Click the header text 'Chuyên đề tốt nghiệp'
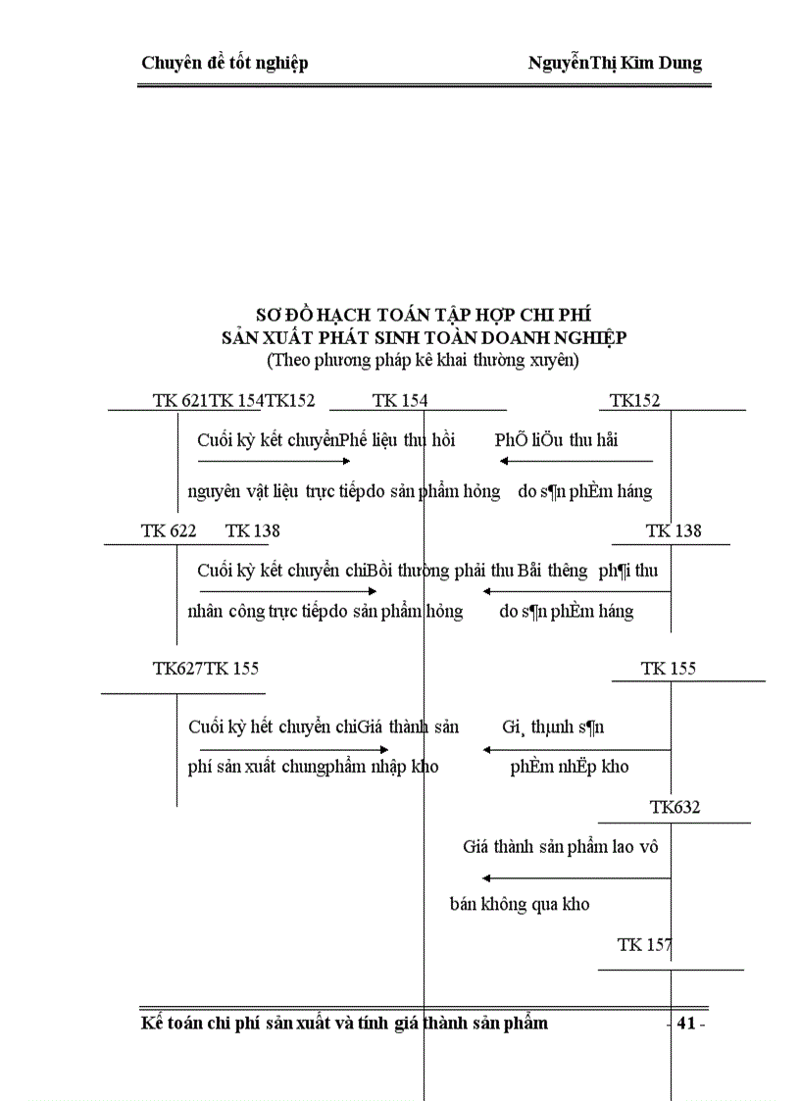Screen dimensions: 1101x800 (225, 64)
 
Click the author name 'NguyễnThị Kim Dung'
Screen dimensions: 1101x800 (615, 64)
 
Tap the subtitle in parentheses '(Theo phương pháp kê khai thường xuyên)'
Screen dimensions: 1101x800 (424, 360)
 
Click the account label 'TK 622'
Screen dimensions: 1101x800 (169, 531)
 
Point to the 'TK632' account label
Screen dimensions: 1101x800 (675, 808)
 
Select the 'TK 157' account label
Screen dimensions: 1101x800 (644, 945)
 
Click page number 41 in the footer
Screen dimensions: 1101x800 (686, 1024)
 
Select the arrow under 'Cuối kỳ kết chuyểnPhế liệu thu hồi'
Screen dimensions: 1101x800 (274, 461)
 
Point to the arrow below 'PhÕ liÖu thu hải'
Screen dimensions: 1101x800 (575, 461)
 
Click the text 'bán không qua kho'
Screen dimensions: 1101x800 (520, 904)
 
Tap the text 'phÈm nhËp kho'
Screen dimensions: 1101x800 (570, 767)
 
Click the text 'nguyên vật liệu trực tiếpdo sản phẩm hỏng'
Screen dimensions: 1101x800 (343, 491)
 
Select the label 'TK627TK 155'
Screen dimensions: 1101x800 (206, 669)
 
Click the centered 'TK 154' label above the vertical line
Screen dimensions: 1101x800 (400, 400)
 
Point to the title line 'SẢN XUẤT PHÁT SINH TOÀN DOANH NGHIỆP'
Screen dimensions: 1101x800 (424, 337)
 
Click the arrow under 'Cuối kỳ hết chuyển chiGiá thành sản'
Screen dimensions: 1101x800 (294, 751)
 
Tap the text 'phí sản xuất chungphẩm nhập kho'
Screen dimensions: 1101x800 (313, 767)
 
